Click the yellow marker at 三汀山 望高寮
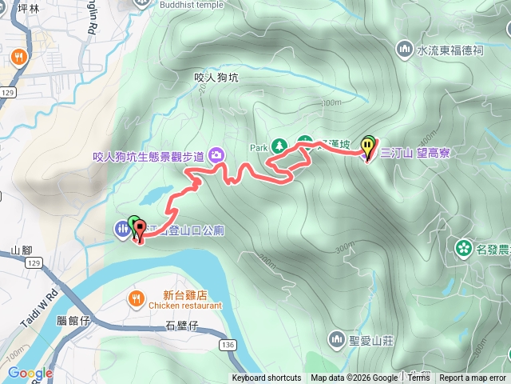367,147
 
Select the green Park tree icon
279,146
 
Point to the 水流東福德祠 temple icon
406,50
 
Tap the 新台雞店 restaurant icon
137,299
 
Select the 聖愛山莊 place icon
336,338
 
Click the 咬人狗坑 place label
216,78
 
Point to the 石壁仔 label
181,325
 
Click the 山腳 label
22,250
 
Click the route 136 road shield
228,344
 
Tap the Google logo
30,373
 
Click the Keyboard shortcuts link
267,378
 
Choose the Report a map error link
473,378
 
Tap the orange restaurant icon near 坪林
18,58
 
